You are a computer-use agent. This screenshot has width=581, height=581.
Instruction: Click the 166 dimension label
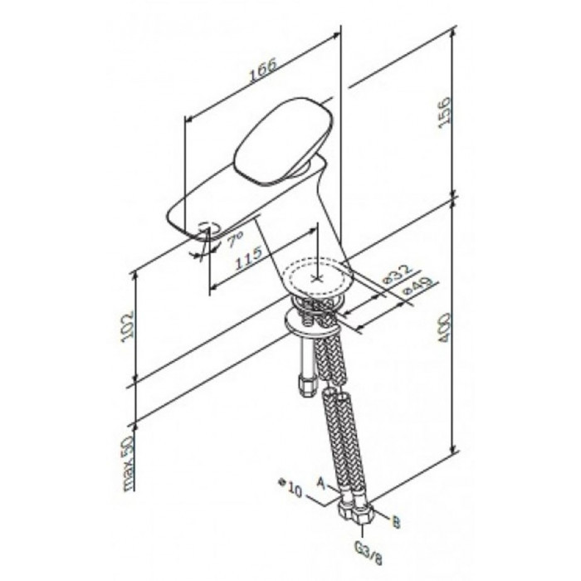point(263,70)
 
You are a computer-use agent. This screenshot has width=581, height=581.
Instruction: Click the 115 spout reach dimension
point(249,258)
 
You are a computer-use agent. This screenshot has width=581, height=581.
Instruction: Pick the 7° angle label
point(235,239)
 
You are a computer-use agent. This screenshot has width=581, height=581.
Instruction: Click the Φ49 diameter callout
point(417,286)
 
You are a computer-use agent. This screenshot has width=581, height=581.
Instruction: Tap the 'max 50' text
point(128,463)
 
